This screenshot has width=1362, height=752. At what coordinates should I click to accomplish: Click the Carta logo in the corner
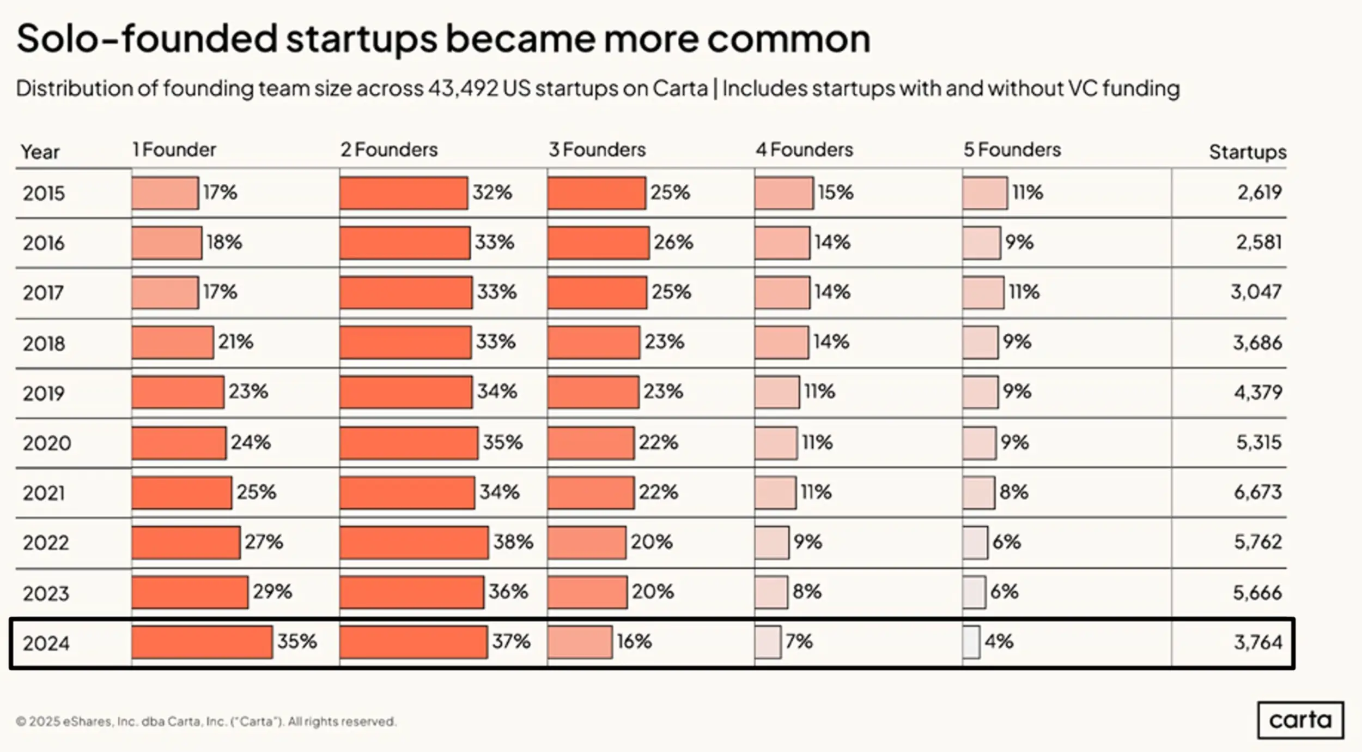[x=1300, y=720]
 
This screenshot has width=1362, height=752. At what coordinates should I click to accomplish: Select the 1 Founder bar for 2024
[x=202, y=642]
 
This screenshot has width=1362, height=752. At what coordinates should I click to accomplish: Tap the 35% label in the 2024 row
[x=297, y=641]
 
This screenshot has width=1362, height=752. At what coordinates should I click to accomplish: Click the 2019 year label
[x=44, y=393]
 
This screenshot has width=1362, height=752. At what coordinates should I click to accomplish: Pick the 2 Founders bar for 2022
[x=414, y=542]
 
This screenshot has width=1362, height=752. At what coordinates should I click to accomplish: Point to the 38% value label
[x=513, y=542]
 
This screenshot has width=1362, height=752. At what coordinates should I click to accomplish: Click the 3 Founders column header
[x=597, y=149]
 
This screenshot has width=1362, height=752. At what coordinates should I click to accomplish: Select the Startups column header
[x=1247, y=152]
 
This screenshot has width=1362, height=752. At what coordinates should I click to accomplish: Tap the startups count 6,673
[x=1257, y=492]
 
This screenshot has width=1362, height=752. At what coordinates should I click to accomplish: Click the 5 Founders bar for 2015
[x=984, y=192]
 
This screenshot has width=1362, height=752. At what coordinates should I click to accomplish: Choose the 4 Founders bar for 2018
[x=781, y=342]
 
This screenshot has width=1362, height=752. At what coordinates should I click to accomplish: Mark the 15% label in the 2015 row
[x=835, y=192]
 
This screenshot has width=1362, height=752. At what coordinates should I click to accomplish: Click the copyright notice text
[x=206, y=721]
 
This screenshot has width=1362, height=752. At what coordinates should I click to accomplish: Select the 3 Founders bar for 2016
[x=598, y=243]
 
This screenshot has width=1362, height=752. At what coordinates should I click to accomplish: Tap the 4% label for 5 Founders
[x=999, y=641]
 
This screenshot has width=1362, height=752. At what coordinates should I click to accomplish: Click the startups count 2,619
[x=1259, y=192]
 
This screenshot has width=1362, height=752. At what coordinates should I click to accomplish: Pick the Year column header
[x=40, y=152]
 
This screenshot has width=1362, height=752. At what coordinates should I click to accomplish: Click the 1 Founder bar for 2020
[x=178, y=443]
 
